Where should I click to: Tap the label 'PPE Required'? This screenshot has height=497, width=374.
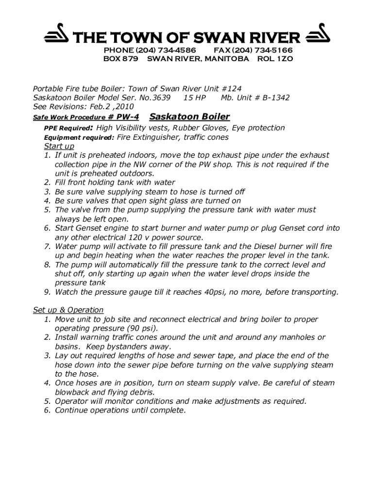pyautogui.click(x=68, y=129)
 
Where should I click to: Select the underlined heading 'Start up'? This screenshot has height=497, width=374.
pyautogui.click(x=59, y=146)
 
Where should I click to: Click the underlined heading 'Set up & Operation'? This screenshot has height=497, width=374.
pyautogui.click(x=68, y=310)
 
